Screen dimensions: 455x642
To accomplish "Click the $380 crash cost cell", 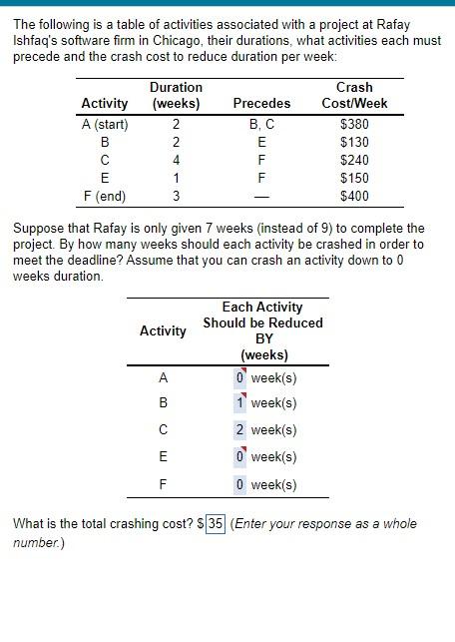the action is [x=354, y=125].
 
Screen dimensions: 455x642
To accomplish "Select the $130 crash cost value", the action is [x=354, y=143].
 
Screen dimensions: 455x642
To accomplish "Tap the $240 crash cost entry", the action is [x=354, y=160].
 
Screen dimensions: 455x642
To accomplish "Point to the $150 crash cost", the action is [x=354, y=178].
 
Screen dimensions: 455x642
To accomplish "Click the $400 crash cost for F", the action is [x=354, y=196].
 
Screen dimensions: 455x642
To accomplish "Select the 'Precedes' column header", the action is [x=261, y=103].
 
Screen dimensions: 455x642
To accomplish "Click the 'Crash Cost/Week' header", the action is [x=355, y=95].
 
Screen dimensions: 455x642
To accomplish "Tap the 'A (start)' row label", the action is [x=105, y=125].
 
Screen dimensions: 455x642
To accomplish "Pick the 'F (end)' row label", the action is [x=105, y=196].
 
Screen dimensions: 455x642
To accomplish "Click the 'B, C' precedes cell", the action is [x=261, y=125].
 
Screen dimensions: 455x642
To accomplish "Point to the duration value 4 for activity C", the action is [x=176, y=160].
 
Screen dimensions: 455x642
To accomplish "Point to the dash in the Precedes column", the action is [x=261, y=196].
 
